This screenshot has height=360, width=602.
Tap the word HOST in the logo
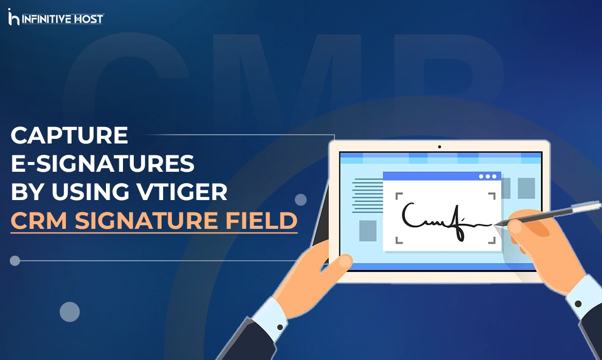click(90, 20)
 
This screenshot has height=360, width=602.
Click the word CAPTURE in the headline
click(69, 136)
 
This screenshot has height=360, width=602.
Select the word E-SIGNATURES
click(103, 164)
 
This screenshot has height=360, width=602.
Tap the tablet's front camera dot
click(439, 147)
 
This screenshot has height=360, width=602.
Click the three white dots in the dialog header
click(488, 176)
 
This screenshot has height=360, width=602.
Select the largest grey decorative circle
click(69, 312)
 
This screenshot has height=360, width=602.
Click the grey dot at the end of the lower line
click(15, 261)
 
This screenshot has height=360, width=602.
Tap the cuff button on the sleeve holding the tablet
click(280, 327)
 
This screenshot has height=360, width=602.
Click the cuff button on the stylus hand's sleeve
click(578, 303)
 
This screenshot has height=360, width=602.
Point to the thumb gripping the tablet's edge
click(337, 263)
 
